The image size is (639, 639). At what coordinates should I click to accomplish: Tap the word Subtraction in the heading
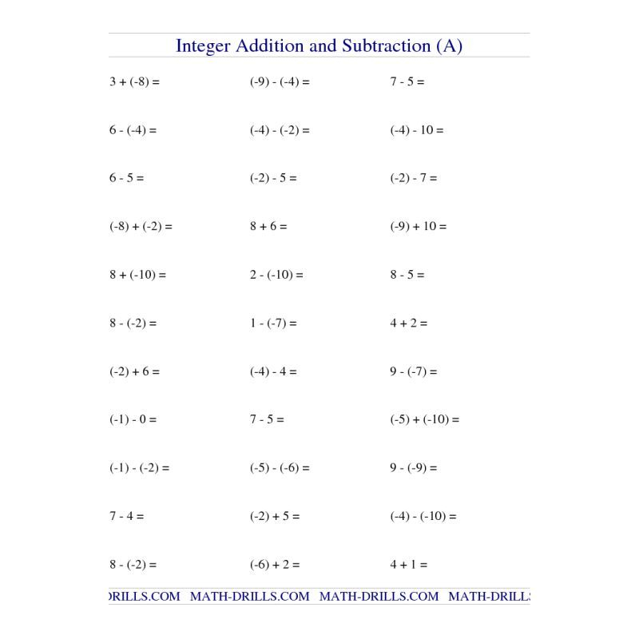(x=387, y=46)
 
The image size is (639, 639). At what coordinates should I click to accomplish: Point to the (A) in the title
(x=450, y=46)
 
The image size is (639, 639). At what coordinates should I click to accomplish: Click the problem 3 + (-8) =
(x=134, y=81)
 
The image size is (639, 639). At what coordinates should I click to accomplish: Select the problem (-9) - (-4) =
(x=280, y=81)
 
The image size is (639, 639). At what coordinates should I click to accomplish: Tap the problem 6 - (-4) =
(x=133, y=130)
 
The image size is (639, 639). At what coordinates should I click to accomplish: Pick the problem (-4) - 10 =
(x=416, y=130)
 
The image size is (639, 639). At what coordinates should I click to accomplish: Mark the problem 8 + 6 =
(x=268, y=226)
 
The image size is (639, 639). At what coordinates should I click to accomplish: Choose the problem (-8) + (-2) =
(x=141, y=226)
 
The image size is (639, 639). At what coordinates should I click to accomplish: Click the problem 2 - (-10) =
(x=276, y=275)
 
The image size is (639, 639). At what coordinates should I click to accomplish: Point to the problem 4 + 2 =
(x=408, y=323)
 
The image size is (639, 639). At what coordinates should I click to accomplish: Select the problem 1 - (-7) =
(x=273, y=323)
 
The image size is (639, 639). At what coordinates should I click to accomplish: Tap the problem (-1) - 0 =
(x=133, y=419)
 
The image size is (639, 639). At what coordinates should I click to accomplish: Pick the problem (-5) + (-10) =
(x=424, y=419)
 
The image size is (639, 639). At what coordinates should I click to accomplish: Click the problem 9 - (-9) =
(x=413, y=468)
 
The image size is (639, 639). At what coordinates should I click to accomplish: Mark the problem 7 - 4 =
(x=126, y=516)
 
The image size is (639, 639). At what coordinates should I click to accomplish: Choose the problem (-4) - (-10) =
(x=423, y=516)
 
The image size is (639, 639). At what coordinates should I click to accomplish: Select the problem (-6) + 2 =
(x=274, y=565)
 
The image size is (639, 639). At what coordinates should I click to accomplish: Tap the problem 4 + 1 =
(x=408, y=565)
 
